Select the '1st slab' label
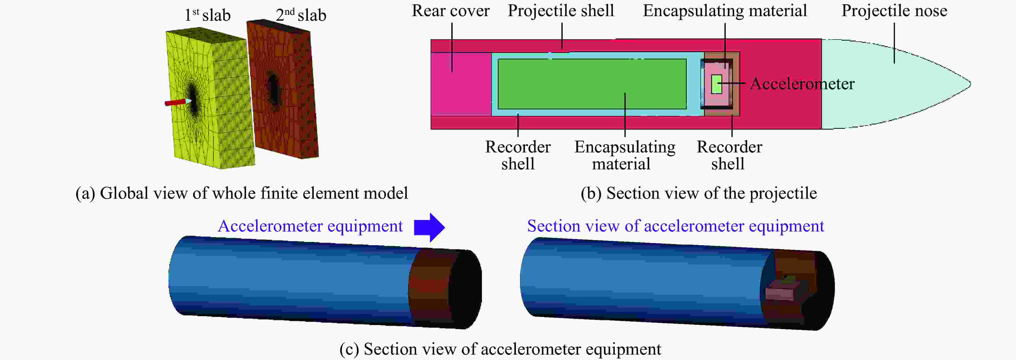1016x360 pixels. (208, 15)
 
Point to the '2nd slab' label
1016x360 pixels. (301, 15)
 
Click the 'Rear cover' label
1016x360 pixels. (450, 11)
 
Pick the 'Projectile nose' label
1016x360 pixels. (894, 11)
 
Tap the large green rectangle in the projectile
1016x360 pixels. (592, 84)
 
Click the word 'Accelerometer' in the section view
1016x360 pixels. (802, 84)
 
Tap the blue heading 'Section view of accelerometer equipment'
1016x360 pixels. (675, 226)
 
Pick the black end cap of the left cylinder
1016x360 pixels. (466, 289)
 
